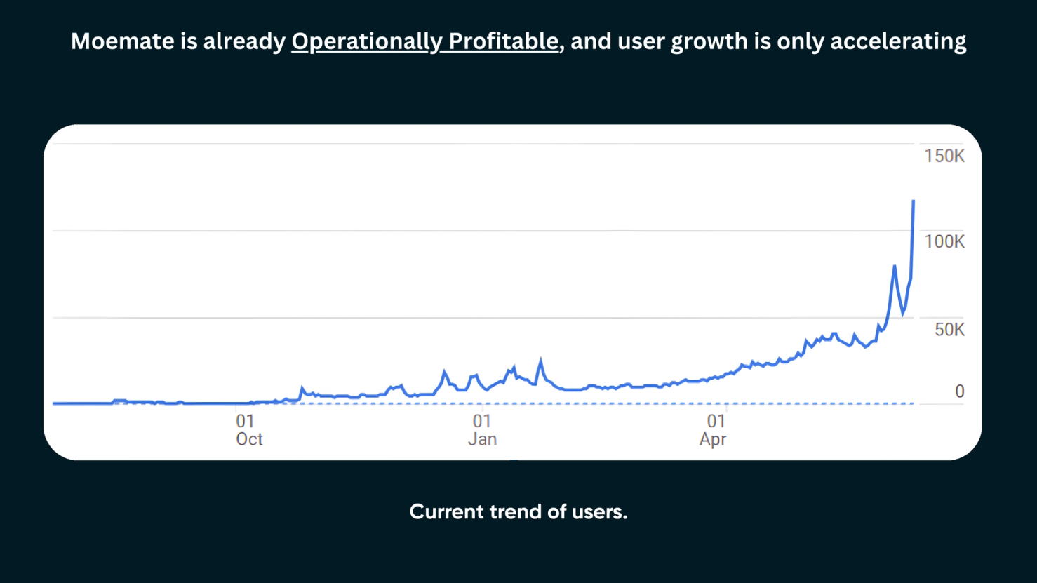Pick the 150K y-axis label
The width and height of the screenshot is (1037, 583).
tap(944, 156)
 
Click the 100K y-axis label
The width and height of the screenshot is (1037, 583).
tap(944, 242)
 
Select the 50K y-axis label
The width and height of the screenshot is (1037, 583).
tap(949, 330)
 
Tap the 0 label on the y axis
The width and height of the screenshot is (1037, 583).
tap(959, 391)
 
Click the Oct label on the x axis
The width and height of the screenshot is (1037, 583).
tap(249, 440)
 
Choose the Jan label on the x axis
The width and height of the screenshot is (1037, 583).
tap(482, 440)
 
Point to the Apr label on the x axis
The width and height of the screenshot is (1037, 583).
tap(713, 440)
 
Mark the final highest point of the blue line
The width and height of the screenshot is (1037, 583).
tap(913, 201)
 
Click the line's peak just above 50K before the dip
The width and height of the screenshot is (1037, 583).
tap(894, 267)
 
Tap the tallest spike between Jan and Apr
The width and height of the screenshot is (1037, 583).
tap(540, 361)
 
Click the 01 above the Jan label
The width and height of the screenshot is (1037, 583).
tap(481, 421)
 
